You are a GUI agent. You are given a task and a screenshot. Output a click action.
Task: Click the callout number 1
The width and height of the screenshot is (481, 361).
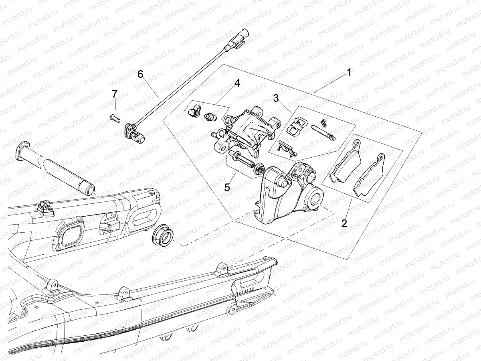coord(349,73)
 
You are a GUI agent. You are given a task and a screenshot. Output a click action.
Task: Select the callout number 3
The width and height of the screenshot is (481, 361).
coord(276,97)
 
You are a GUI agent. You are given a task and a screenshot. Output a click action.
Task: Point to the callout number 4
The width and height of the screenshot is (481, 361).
coord(237,83)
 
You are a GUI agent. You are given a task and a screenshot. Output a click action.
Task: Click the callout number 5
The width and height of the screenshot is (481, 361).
coord(227,187)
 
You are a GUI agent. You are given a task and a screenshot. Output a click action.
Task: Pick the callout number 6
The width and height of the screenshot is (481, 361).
coord(140,74)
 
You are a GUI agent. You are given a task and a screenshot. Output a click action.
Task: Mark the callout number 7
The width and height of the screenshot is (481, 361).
coord(115,94)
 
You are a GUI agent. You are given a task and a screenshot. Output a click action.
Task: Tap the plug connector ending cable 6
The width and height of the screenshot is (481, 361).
coord(238,39)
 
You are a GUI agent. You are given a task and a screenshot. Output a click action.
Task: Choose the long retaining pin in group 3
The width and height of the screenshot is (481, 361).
coord(323,133)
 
